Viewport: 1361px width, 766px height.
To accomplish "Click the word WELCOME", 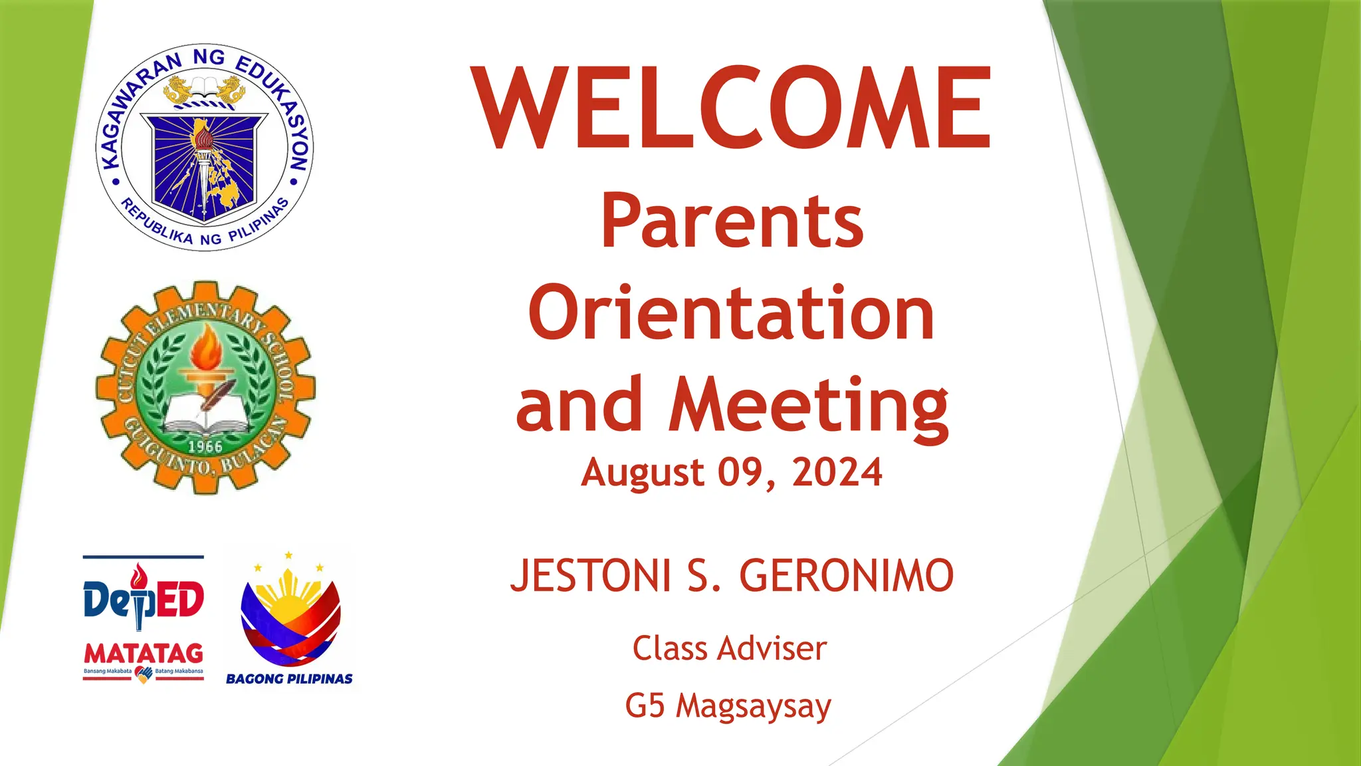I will point(731,108).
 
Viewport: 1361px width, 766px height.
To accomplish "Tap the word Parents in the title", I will point(732,221).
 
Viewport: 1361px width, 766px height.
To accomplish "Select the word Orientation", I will point(731,313).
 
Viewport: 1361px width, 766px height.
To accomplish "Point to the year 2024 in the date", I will point(837,473).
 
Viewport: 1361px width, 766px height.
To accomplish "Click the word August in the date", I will point(642,473).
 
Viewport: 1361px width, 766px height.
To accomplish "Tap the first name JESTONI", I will point(590,576).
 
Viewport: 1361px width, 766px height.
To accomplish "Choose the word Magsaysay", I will point(754,706).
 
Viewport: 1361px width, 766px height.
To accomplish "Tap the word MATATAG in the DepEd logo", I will point(144,653).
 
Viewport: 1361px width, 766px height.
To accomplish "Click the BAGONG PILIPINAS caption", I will point(289,679).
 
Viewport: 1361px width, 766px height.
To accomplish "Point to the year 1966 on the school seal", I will point(205,446).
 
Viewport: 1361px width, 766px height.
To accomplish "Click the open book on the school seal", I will point(206,414).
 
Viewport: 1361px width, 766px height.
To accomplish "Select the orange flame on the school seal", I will point(207,346).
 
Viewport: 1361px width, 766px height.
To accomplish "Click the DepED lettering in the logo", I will point(144,598).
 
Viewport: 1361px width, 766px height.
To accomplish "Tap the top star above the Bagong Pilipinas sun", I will point(288,555).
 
